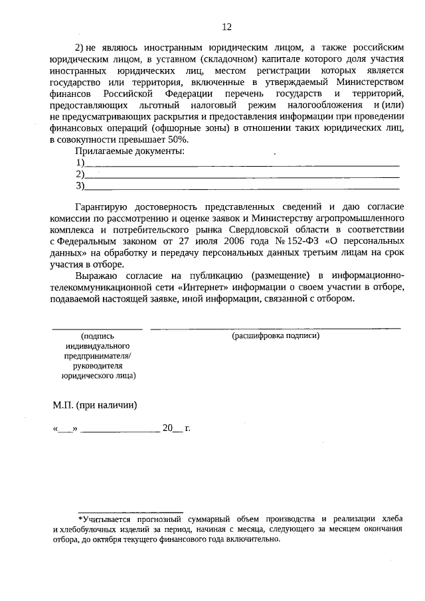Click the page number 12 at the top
point(227,27)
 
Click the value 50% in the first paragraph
point(176,139)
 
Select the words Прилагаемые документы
point(129,151)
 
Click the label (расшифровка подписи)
point(276,335)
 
